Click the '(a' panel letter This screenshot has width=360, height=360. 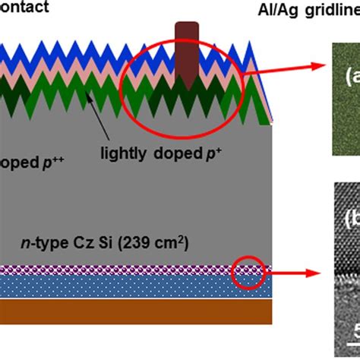[351, 77]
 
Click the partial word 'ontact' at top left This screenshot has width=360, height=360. [24, 8]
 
